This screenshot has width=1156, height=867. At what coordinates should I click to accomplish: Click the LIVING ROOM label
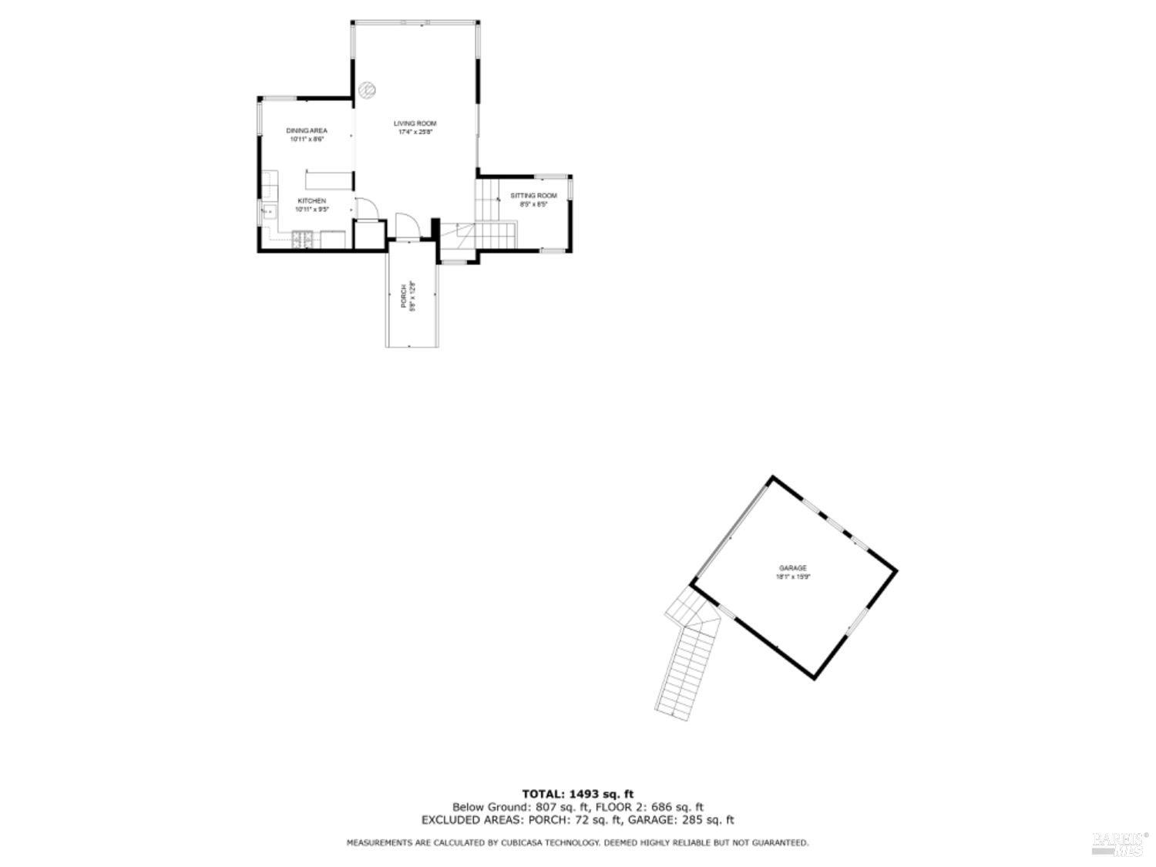click(x=415, y=123)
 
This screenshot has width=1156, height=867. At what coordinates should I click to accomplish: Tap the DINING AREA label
click(x=307, y=131)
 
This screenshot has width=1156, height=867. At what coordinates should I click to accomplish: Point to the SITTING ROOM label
click(x=533, y=196)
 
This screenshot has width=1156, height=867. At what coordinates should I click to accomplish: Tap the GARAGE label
click(x=792, y=568)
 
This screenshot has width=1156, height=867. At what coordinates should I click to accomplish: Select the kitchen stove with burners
click(x=302, y=240)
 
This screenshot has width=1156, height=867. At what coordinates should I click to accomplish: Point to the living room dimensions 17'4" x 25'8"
click(x=415, y=132)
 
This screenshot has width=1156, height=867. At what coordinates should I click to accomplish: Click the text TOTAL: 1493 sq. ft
click(x=578, y=794)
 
